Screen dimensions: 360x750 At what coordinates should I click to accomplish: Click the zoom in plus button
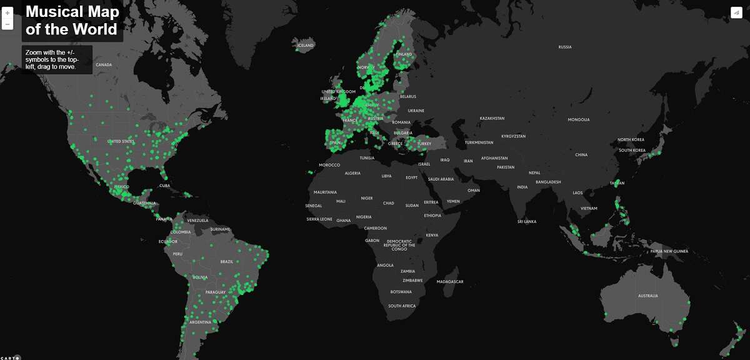point(7,12)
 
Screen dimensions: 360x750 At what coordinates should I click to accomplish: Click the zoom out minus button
point(7,24)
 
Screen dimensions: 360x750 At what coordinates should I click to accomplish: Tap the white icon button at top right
point(736,13)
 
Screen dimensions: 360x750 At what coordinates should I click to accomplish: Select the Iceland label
point(306,45)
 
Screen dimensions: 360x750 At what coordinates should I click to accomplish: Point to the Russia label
point(565,47)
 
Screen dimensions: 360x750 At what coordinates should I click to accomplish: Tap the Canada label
point(104,65)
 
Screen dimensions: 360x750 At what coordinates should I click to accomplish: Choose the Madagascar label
point(450,282)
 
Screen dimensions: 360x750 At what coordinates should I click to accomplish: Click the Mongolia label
point(578,119)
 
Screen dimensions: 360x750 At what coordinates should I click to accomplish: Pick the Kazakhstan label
point(492,118)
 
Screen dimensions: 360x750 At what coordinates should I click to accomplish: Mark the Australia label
point(647,296)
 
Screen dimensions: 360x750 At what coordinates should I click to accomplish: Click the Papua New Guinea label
point(669,251)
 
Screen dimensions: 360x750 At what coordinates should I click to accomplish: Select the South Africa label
point(402,306)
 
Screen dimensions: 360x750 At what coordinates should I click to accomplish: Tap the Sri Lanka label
point(526,221)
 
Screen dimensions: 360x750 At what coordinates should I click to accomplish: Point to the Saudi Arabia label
point(441,179)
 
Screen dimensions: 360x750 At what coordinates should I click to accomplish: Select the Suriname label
point(220,229)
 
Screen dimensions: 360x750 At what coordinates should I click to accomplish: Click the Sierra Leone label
point(319,219)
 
